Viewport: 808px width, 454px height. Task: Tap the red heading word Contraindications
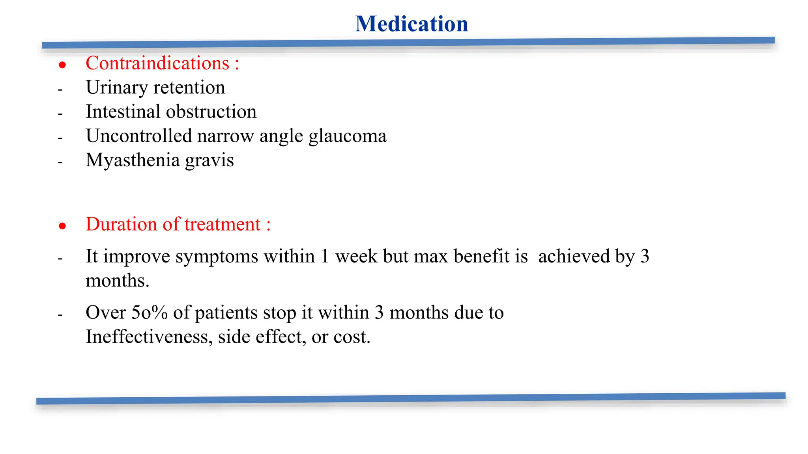click(157, 63)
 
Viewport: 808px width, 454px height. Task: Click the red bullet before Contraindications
click(62, 65)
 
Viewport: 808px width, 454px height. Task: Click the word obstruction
click(211, 112)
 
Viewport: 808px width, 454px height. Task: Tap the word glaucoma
click(347, 136)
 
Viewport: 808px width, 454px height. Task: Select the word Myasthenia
click(133, 160)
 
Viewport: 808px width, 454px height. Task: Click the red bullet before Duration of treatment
click(62, 226)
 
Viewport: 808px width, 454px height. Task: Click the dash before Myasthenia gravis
click(60, 162)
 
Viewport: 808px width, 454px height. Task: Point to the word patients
click(227, 313)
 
